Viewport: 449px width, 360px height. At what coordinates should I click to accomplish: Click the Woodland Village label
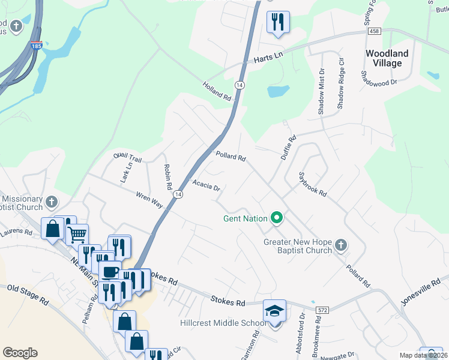[387, 58]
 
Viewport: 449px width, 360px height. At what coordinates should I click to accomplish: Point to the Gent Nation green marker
[277, 218]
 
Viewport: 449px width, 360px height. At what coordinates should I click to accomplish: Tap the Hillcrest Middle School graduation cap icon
[274, 311]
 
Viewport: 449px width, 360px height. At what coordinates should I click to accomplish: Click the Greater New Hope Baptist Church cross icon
[341, 245]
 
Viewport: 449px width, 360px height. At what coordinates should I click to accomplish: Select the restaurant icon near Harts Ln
[278, 23]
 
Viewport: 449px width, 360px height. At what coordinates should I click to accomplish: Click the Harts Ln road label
[268, 58]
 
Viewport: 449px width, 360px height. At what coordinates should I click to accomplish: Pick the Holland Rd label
[217, 91]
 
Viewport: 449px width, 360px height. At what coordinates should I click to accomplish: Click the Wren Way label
[149, 200]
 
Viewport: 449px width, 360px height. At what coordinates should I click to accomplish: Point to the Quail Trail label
[128, 158]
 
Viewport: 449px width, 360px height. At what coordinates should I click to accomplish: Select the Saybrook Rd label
[313, 185]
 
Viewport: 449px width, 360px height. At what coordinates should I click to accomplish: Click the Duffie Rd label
[289, 148]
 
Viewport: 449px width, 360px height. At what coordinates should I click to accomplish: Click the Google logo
[20, 352]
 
